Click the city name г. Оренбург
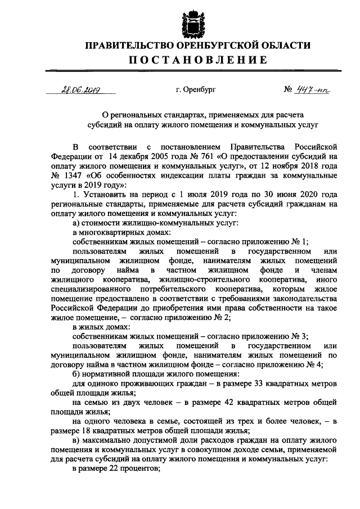pos(195,89)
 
